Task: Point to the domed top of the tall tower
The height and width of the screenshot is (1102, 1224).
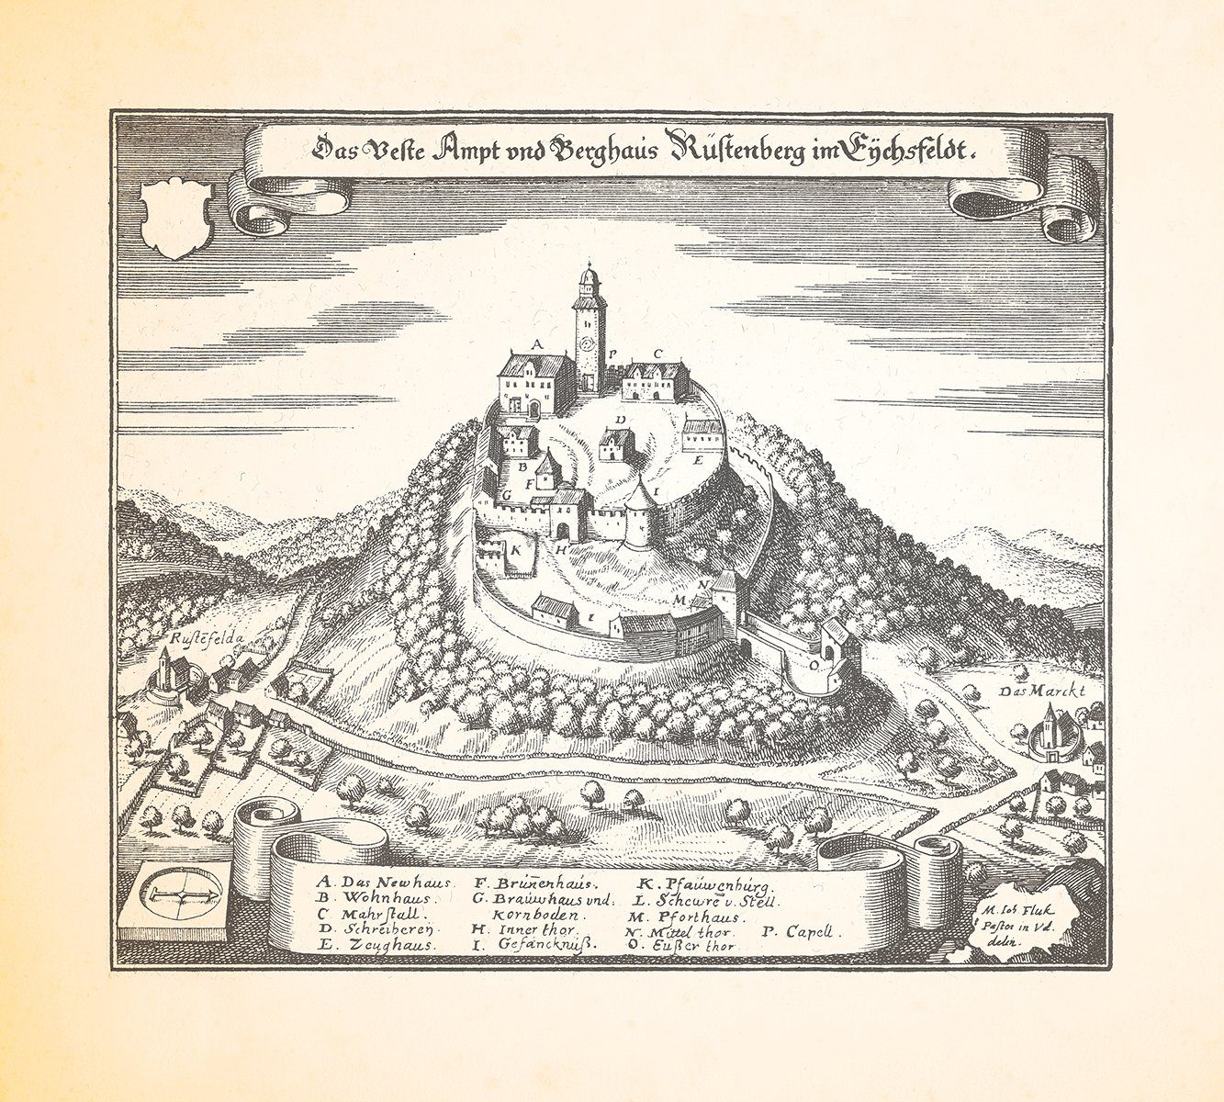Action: tap(588, 276)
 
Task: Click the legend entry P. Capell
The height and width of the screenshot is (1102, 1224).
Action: tap(797, 930)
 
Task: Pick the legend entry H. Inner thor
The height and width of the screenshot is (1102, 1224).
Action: tap(525, 929)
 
